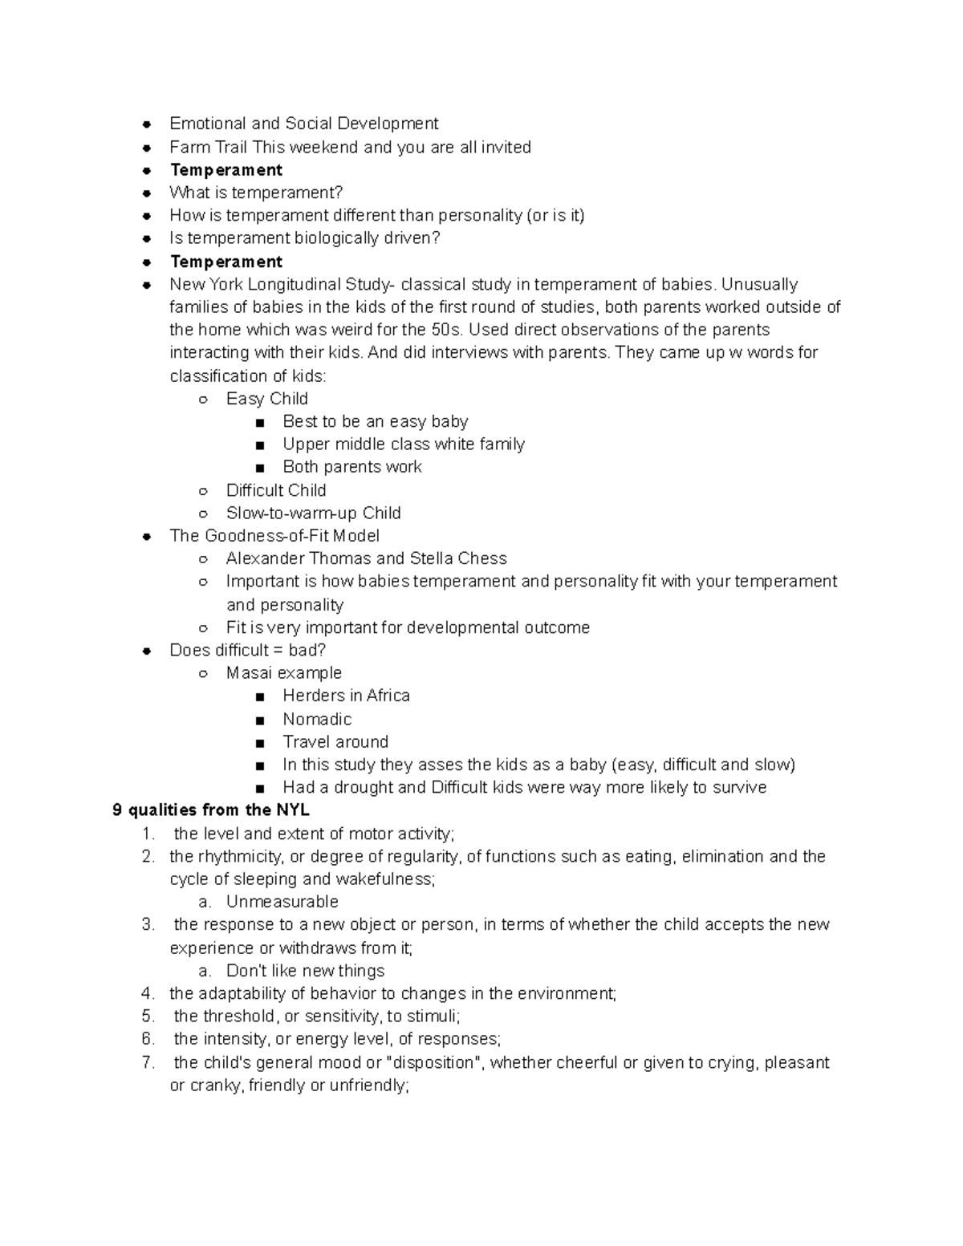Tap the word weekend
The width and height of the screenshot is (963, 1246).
(x=323, y=147)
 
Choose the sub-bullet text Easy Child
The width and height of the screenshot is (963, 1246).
(x=266, y=399)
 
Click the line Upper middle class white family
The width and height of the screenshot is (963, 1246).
(x=403, y=444)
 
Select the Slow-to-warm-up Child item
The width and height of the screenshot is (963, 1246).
(x=313, y=513)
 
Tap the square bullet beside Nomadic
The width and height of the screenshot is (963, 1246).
(x=260, y=720)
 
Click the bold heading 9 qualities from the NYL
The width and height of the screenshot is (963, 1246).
(x=210, y=810)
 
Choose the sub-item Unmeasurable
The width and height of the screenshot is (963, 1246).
(x=282, y=902)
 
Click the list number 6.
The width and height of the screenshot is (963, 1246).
(x=148, y=1039)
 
